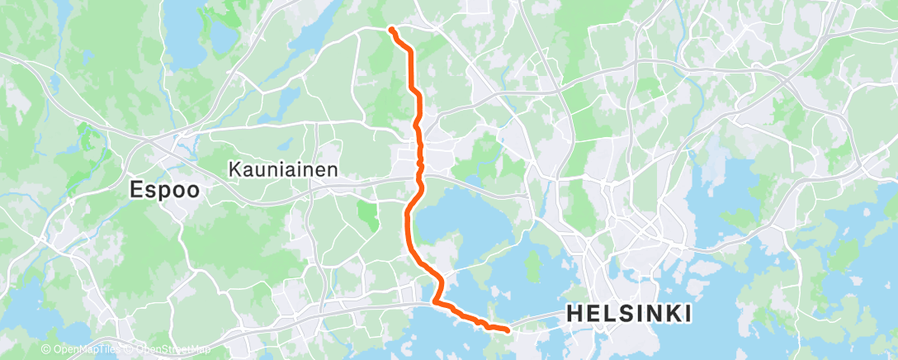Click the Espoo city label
[164, 189]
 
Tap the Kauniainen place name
[281, 168]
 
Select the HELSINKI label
[628, 314]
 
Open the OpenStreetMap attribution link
[173, 350]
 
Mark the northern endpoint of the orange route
[390, 30]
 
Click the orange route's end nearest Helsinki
[506, 329]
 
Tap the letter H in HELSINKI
[573, 314]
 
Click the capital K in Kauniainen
[234, 168]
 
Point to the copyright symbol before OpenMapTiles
[46, 350]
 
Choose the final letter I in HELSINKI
[687, 314]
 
